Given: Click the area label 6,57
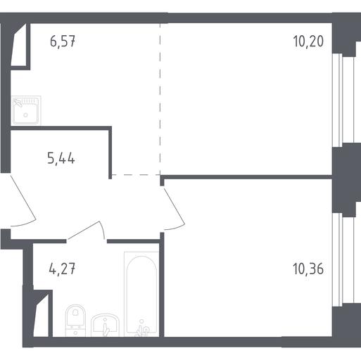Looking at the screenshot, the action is click(63, 41).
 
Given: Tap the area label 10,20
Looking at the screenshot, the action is click(308, 41).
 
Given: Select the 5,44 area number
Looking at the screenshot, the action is click(61, 158).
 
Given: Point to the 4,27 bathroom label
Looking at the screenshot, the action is click(62, 269).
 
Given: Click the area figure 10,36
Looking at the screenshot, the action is click(308, 269).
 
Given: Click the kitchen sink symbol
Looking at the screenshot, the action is click(26, 110).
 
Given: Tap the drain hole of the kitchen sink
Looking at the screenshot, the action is click(25, 115).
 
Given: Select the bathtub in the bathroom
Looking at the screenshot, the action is click(141, 295).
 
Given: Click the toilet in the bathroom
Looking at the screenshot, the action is click(75, 321).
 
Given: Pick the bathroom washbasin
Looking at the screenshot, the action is click(105, 326).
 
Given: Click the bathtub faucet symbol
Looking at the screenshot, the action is click(141, 328).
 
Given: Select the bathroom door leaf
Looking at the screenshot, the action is click(83, 230).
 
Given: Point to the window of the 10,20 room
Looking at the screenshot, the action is click(338, 101).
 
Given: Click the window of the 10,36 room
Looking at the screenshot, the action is click(338, 259).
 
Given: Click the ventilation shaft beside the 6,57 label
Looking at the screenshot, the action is click(19, 44).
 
